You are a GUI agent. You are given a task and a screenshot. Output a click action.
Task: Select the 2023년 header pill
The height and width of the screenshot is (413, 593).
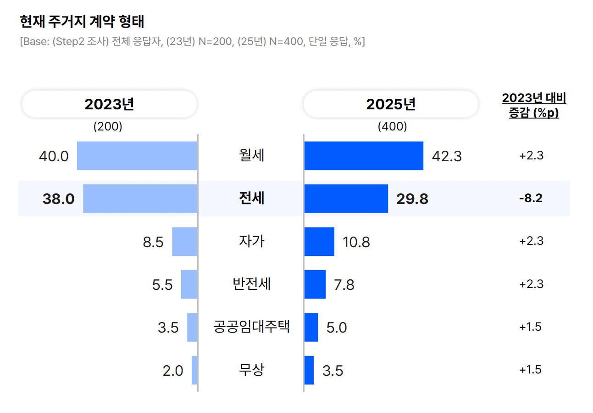point(109,104)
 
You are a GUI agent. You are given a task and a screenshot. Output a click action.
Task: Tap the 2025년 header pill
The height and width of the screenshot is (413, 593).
point(391,104)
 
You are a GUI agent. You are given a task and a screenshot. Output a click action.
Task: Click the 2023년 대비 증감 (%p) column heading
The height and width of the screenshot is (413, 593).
point(534,106)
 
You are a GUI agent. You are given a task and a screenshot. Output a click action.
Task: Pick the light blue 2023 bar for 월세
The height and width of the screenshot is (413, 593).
point(137,156)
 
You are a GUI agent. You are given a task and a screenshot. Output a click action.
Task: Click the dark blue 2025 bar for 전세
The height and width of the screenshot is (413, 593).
point(346,198)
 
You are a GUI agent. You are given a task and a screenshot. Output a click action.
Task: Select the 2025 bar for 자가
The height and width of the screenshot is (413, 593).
point(320,241)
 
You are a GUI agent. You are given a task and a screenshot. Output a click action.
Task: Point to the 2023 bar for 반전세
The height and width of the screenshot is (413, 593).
point(189,284)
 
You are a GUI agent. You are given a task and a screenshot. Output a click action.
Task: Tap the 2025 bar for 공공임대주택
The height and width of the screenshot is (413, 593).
point(311,327)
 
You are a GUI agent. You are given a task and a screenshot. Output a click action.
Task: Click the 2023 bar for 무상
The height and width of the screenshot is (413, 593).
point(194,370)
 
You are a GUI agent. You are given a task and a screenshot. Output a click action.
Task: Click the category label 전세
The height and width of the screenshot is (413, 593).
point(251,198)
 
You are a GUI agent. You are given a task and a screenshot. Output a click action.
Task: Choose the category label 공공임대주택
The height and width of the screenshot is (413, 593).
point(251,327)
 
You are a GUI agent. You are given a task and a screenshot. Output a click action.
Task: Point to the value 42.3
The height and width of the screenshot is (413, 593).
point(447,156)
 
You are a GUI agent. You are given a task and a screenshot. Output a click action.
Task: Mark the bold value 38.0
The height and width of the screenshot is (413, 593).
point(58,199)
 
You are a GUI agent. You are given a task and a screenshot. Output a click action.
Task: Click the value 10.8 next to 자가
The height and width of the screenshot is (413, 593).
point(356,242)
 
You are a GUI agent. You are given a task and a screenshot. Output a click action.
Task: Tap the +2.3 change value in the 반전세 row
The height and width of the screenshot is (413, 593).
point(531,284)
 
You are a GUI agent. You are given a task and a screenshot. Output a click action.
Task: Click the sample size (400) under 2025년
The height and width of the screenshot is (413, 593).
point(392,127)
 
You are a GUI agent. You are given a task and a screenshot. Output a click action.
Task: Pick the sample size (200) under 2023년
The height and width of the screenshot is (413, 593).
point(108,127)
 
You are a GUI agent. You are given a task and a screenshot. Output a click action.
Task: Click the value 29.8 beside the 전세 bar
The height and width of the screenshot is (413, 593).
point(412,199)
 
